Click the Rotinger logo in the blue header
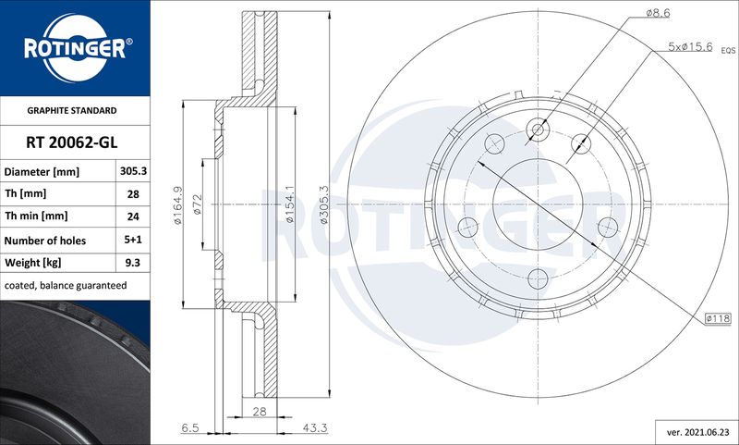click(76, 48)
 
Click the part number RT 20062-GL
click(72, 142)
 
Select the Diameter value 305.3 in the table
click(133, 171)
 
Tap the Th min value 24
click(133, 216)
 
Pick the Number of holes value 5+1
click(133, 240)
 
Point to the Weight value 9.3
click(133, 263)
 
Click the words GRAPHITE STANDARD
click(72, 110)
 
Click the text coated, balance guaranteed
click(66, 286)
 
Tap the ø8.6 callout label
click(658, 13)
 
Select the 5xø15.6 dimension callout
click(690, 46)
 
